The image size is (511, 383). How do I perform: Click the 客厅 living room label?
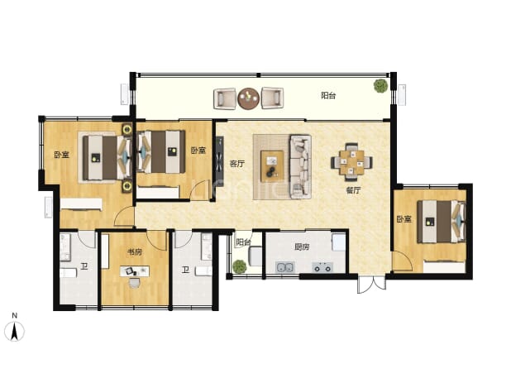coord(237,164)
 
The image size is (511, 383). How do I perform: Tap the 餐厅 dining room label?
coord(353,190)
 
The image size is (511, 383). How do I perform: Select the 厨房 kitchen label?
coord(302,247)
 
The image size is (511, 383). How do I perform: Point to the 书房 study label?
coord(135,252)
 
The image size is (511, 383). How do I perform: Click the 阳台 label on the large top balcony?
coord(328,95)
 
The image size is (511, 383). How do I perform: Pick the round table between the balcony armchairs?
coord(249,98)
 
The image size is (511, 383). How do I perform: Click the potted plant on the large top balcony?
coord(380,85)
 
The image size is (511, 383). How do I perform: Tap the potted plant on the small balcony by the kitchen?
coord(240,266)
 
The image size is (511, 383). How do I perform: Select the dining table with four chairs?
coord(352,162)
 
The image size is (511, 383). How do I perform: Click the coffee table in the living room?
coord(272,165)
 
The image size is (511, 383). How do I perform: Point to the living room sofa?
coord(300,166)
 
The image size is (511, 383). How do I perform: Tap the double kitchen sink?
coord(284,267)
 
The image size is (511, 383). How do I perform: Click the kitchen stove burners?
coord(322,267)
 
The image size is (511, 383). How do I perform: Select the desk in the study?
coord(135,270)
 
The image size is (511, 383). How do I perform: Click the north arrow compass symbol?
coord(14,331)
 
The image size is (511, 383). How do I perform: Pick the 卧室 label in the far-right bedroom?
coord(404,219)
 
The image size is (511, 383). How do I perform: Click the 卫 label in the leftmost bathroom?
coord(84,267)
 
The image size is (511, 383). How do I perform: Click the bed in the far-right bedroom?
coord(442,222)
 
